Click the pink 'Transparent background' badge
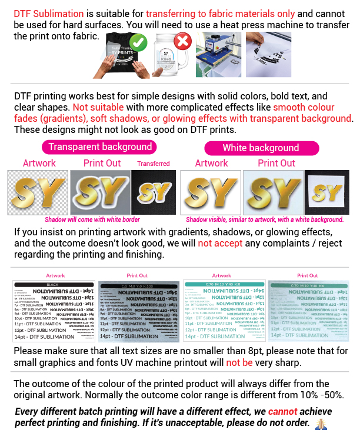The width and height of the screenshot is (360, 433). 99,147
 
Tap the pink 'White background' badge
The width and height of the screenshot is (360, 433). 261,148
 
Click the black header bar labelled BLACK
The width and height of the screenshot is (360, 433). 54,285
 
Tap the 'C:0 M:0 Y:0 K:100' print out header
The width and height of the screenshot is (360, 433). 138,285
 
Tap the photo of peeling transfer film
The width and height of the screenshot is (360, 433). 268,55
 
